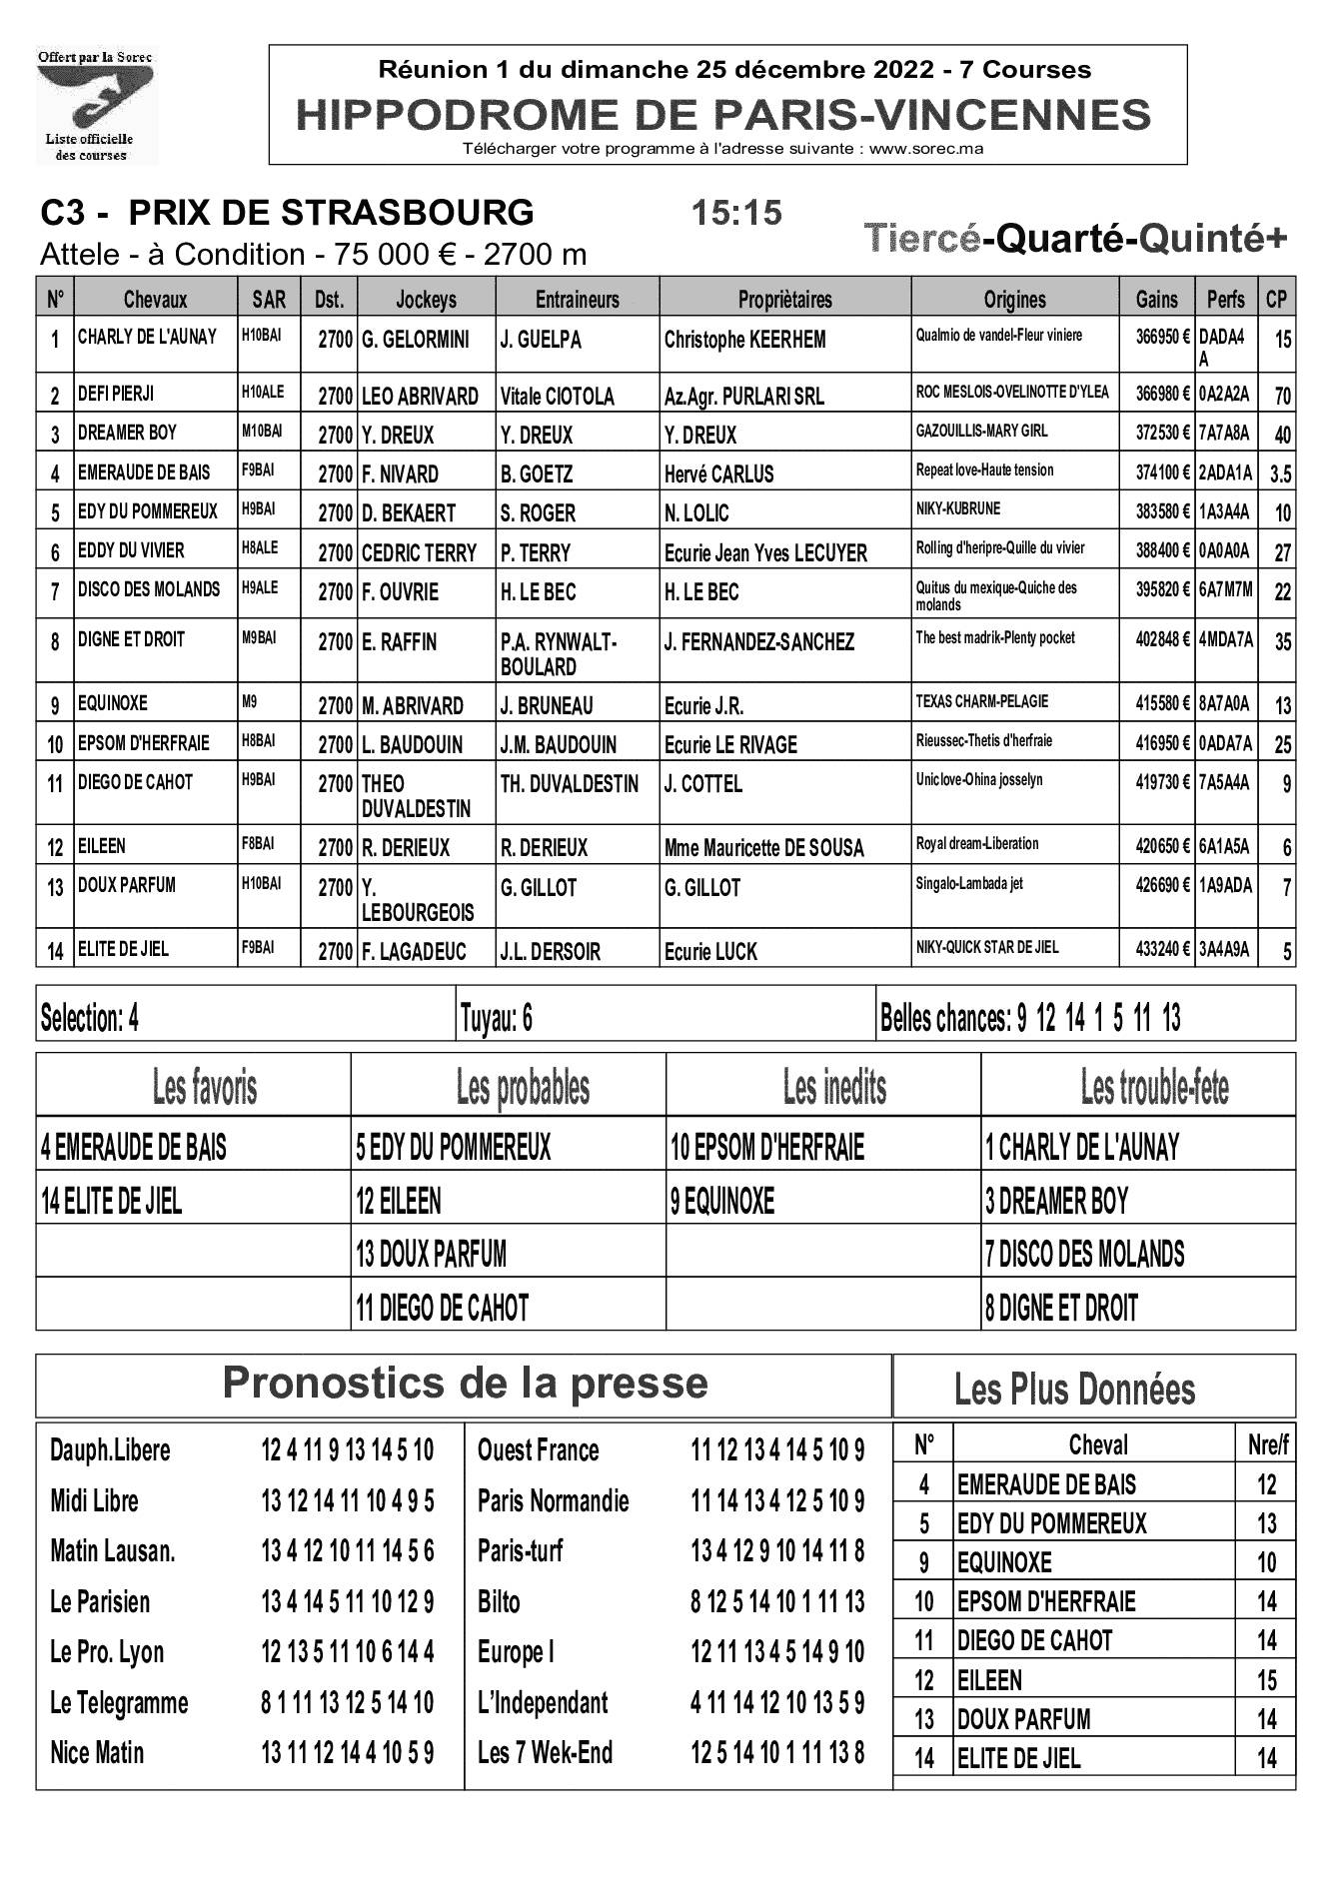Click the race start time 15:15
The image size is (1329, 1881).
click(736, 213)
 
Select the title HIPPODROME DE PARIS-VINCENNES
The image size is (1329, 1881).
click(724, 115)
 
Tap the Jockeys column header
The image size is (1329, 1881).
click(426, 300)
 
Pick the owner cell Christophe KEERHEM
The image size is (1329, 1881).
click(745, 340)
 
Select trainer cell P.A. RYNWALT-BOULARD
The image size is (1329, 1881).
click(559, 654)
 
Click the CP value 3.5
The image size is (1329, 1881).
click(1280, 474)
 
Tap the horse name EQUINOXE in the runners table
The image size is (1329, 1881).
click(113, 703)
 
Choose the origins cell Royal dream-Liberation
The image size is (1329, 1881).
click(977, 844)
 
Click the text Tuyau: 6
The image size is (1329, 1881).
click(496, 1018)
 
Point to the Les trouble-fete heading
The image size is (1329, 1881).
click(1154, 1087)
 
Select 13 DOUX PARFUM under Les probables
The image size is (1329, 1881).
click(432, 1254)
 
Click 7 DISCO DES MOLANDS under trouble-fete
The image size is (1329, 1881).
click(1085, 1254)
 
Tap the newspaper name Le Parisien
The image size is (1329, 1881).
click(100, 1601)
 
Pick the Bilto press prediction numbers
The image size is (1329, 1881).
click(777, 1601)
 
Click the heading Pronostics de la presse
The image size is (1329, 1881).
click(465, 1384)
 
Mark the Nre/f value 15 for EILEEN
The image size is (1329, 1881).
click(1266, 1680)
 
